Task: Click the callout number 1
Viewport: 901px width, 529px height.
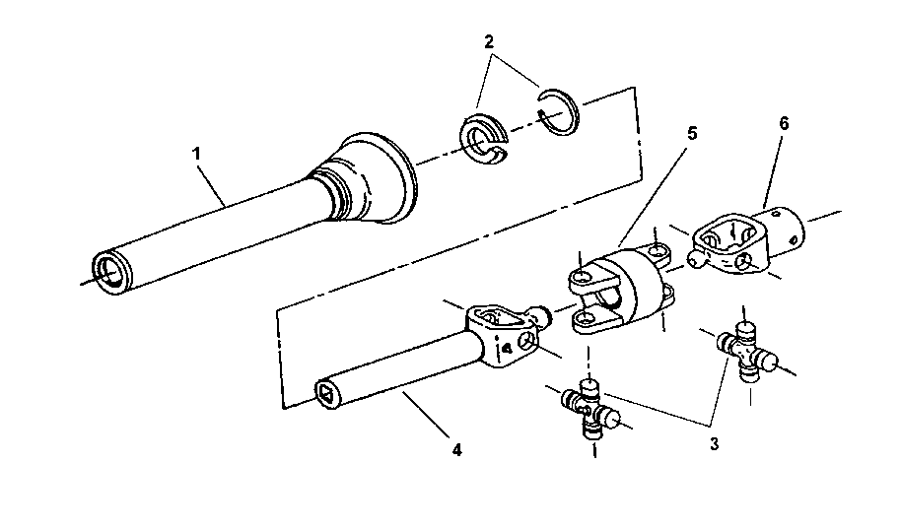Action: [x=196, y=154]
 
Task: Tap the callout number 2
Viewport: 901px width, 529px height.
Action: [x=489, y=42]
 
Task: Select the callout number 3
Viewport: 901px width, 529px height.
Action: [x=714, y=444]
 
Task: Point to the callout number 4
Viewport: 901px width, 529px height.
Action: [x=456, y=450]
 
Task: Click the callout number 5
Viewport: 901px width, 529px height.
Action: [x=692, y=133]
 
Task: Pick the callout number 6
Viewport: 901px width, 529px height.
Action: [x=785, y=123]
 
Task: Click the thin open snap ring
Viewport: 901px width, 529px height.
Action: [x=559, y=112]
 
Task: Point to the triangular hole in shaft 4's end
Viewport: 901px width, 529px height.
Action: [x=326, y=394]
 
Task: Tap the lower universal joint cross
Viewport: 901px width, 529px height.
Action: [x=591, y=410]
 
